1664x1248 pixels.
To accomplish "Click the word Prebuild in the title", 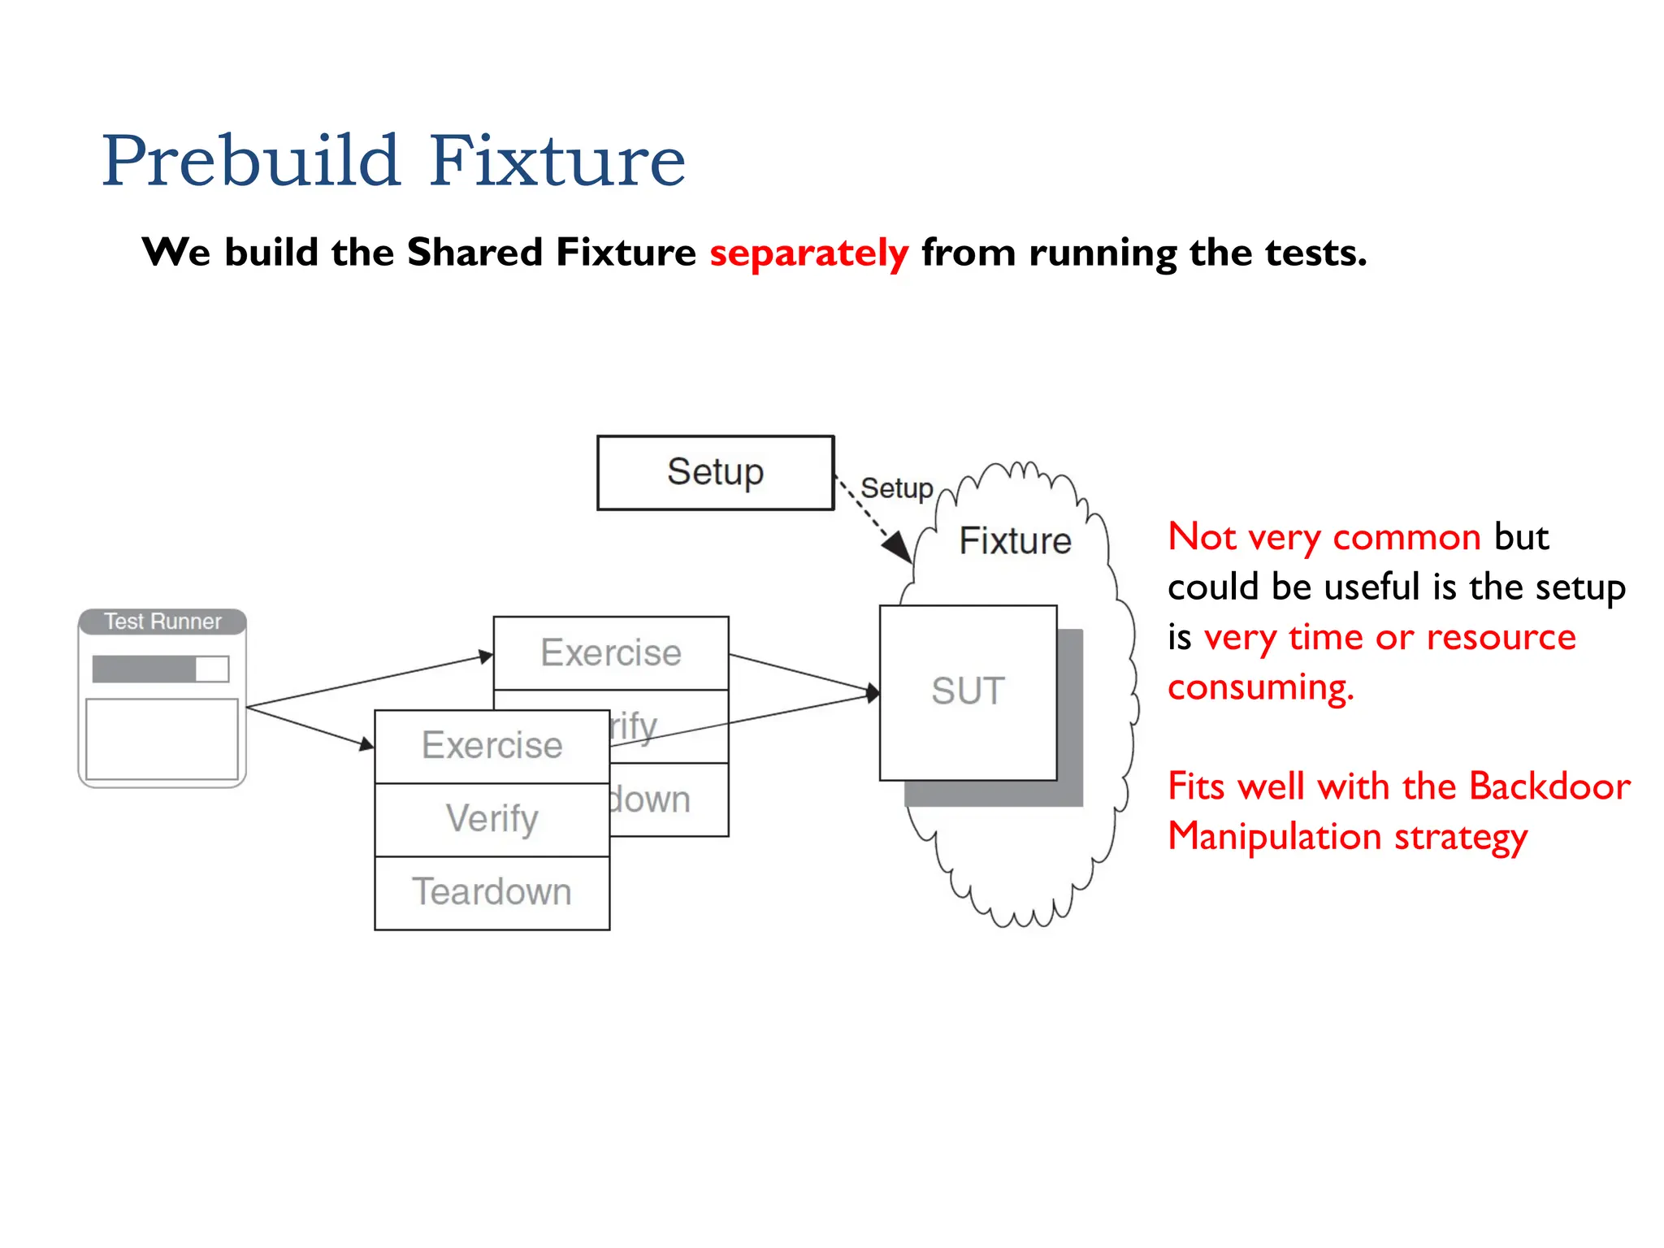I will point(250,161).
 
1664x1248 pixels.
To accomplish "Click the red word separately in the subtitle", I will point(808,253).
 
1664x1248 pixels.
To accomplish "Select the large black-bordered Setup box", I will point(715,472).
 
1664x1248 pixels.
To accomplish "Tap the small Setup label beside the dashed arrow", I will point(896,488).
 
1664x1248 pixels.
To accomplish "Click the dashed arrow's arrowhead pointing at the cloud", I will point(899,547).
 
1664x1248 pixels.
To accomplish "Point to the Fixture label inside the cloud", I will point(1015,541).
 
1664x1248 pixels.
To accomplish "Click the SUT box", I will point(968,691).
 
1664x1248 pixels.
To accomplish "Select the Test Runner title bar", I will point(162,622).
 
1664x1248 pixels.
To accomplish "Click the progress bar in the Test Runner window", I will point(160,669).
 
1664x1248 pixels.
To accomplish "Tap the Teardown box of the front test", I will point(492,892).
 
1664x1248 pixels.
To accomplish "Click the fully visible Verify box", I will point(492,819).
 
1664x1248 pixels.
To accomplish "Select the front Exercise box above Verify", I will point(492,746).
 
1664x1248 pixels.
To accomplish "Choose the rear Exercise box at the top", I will point(611,653).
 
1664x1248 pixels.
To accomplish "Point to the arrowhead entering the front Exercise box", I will point(366,743).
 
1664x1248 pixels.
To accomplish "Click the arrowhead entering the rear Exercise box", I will point(486,656).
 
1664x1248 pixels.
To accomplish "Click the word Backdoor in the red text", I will point(1549,786).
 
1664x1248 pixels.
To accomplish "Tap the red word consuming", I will point(1260,687).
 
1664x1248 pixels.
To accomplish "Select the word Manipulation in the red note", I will point(1274,837).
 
